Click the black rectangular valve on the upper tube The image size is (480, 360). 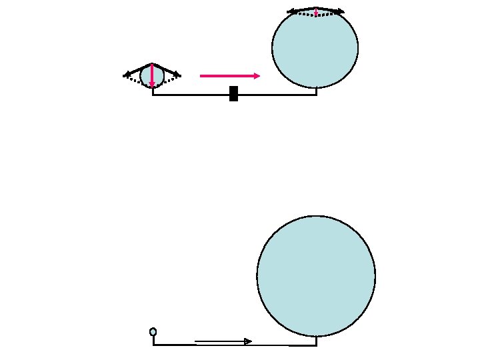tap(233, 94)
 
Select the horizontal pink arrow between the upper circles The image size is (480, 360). tap(227, 76)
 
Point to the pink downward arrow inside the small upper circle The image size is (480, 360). tap(153, 75)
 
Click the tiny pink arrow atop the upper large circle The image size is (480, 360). tap(315, 13)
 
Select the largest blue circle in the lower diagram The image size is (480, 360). tap(316, 276)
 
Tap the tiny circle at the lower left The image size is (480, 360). tap(153, 331)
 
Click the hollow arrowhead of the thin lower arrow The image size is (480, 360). tap(248, 341)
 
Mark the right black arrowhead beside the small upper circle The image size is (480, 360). tap(177, 74)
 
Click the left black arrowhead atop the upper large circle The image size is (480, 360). tap(291, 11)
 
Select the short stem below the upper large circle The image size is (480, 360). tap(316, 91)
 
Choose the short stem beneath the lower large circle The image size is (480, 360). tap(316, 341)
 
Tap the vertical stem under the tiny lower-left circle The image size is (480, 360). tap(153, 340)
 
